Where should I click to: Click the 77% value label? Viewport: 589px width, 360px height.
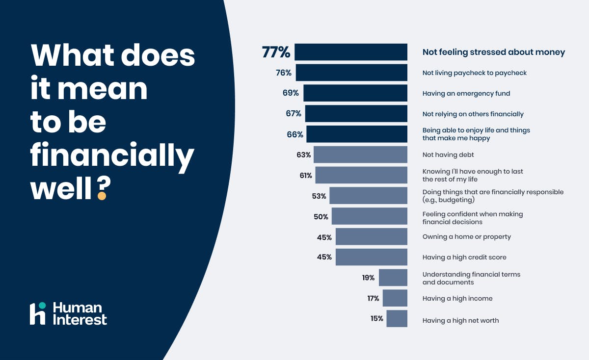tap(276, 52)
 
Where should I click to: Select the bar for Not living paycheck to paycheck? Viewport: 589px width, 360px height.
tap(351, 73)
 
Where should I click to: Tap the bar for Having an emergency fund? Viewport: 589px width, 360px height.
tap(355, 93)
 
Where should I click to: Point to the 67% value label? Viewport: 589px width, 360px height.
tap(294, 114)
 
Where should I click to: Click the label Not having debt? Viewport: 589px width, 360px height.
tap(448, 154)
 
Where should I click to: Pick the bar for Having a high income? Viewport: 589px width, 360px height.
tap(395, 298)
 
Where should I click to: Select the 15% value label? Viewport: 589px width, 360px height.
tap(377, 319)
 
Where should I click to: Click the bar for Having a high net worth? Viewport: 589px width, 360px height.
tap(397, 319)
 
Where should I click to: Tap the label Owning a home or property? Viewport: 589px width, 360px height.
tap(466, 236)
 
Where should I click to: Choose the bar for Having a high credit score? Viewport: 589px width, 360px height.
tap(372, 257)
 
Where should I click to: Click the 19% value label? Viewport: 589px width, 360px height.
tap(369, 278)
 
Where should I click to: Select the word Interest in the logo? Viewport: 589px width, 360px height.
tap(80, 320)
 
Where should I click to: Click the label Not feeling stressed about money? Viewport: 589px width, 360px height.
tap(494, 52)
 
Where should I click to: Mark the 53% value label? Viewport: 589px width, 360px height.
tap(319, 196)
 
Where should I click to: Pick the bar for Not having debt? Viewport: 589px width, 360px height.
tap(360, 154)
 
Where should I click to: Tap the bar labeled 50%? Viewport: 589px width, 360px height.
tap(369, 216)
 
